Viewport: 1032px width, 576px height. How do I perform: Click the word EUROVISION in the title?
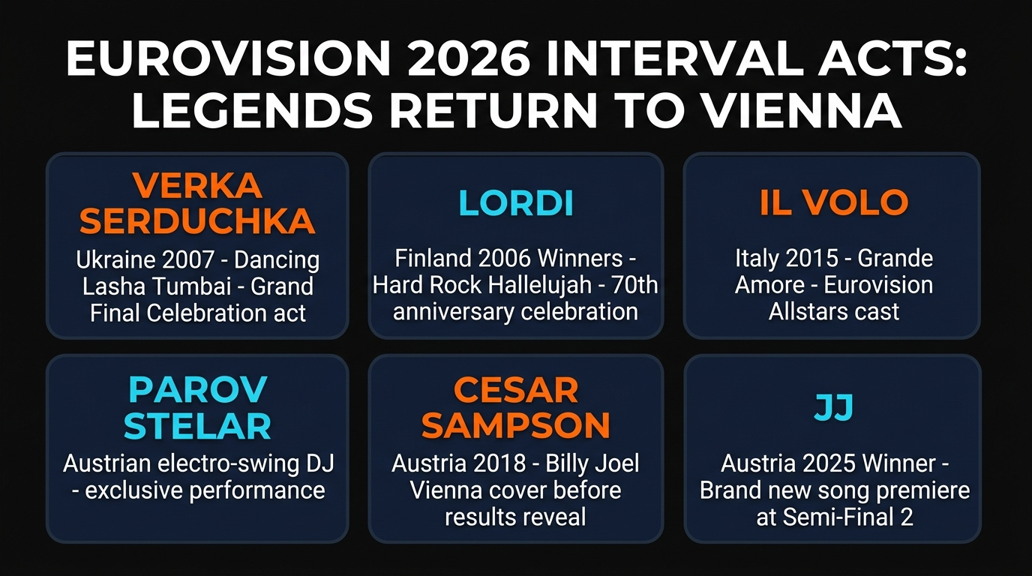coord(229,59)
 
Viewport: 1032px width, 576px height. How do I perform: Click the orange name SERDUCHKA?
coord(197,220)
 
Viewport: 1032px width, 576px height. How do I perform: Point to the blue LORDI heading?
coord(516,202)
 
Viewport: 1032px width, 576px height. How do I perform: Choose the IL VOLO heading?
coord(834,202)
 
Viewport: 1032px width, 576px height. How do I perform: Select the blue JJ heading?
coord(833,407)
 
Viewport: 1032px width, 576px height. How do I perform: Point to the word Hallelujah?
coord(539,285)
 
